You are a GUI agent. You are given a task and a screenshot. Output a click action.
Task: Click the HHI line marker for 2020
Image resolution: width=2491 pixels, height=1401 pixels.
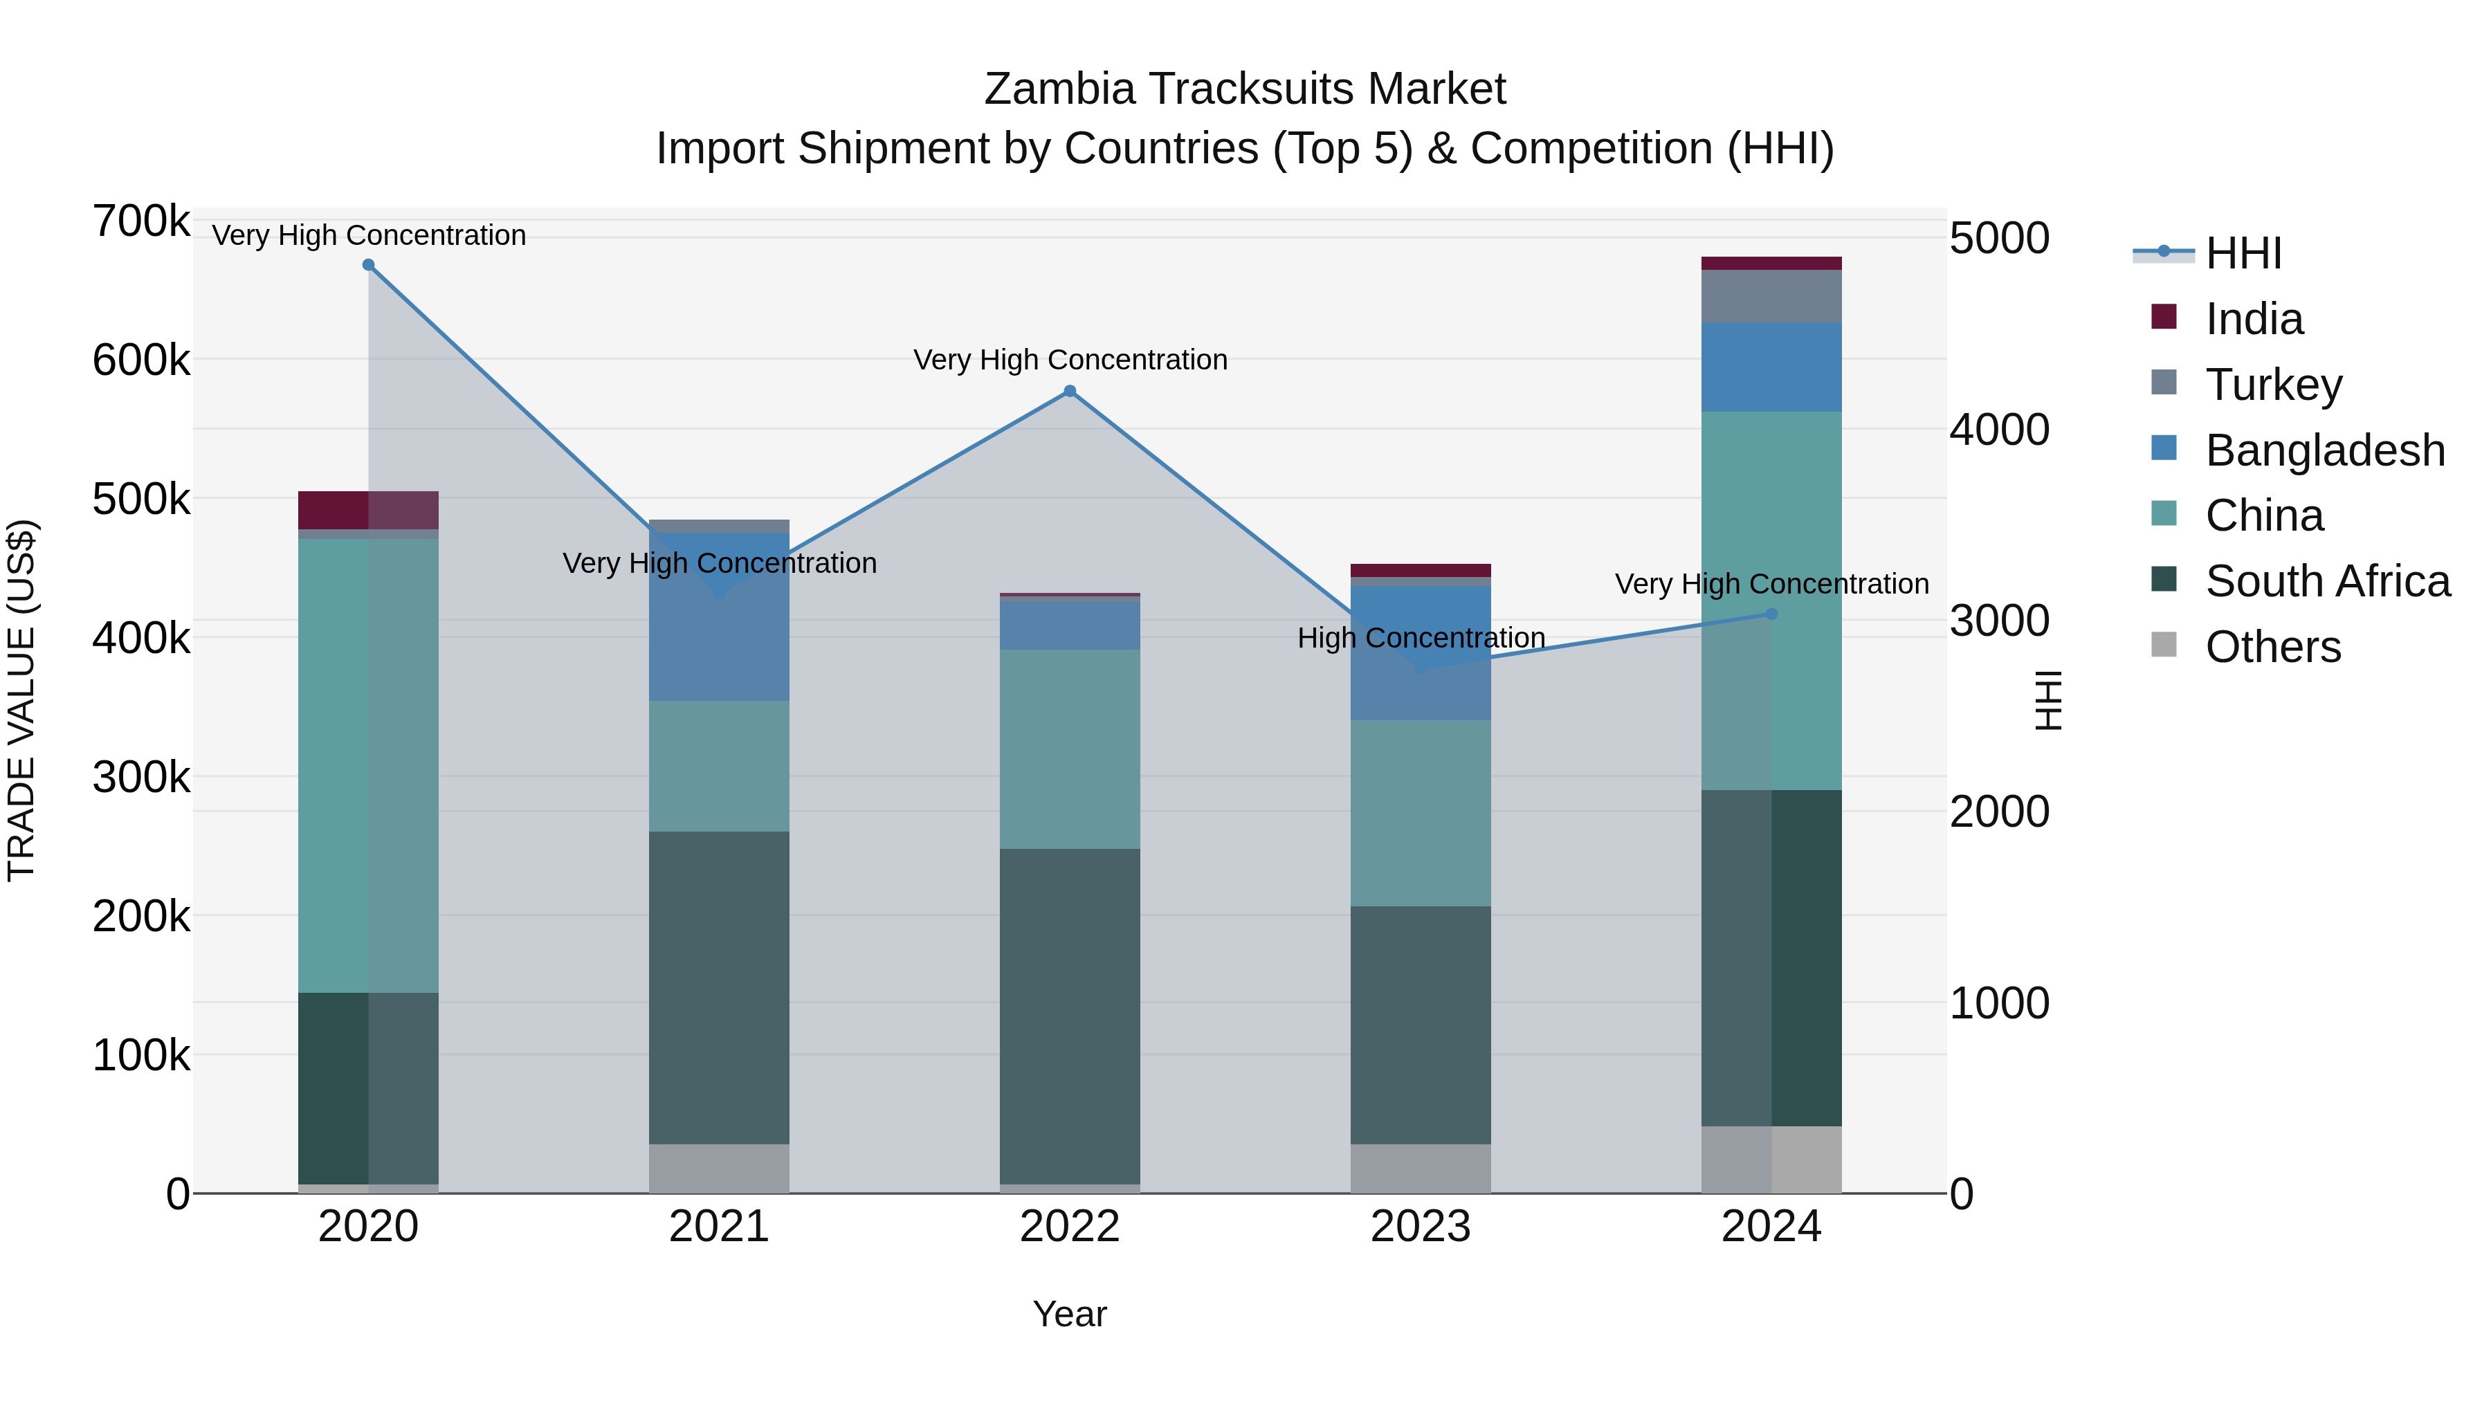pos(368,265)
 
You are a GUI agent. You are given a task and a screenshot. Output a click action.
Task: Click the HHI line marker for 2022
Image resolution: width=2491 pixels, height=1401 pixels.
pos(1070,392)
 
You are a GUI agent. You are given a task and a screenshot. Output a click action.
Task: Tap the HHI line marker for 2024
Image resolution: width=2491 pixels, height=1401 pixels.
pos(1771,614)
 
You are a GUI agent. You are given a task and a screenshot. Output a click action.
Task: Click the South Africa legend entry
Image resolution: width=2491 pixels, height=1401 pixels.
pos(2326,581)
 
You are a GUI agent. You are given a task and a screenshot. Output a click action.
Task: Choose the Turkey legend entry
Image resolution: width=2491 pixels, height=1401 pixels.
pos(2272,385)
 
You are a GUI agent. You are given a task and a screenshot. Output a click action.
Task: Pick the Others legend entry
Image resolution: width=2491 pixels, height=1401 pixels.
pos(2272,647)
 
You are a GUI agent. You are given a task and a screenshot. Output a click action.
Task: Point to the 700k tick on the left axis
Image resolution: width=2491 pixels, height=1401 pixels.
pos(141,221)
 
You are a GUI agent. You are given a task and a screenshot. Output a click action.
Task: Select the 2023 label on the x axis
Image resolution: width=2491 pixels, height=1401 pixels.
pos(1421,1227)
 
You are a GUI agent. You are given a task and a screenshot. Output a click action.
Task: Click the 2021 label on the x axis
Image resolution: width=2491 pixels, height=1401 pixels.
pos(718,1227)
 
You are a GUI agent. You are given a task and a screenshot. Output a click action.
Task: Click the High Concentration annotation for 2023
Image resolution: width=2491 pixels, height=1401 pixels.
pos(1421,638)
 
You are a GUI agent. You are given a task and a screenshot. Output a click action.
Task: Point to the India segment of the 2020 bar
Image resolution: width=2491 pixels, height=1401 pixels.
pos(368,511)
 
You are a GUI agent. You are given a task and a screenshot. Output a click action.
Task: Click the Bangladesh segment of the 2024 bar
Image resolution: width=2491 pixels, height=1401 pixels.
pos(1771,367)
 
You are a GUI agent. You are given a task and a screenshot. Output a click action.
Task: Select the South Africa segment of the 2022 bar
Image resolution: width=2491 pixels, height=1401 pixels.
pos(1070,1015)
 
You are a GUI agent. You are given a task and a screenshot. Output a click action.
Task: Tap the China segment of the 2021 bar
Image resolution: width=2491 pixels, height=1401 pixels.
pos(718,766)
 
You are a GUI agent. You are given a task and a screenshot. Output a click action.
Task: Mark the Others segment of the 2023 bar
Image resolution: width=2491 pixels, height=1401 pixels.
pos(1421,1168)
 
